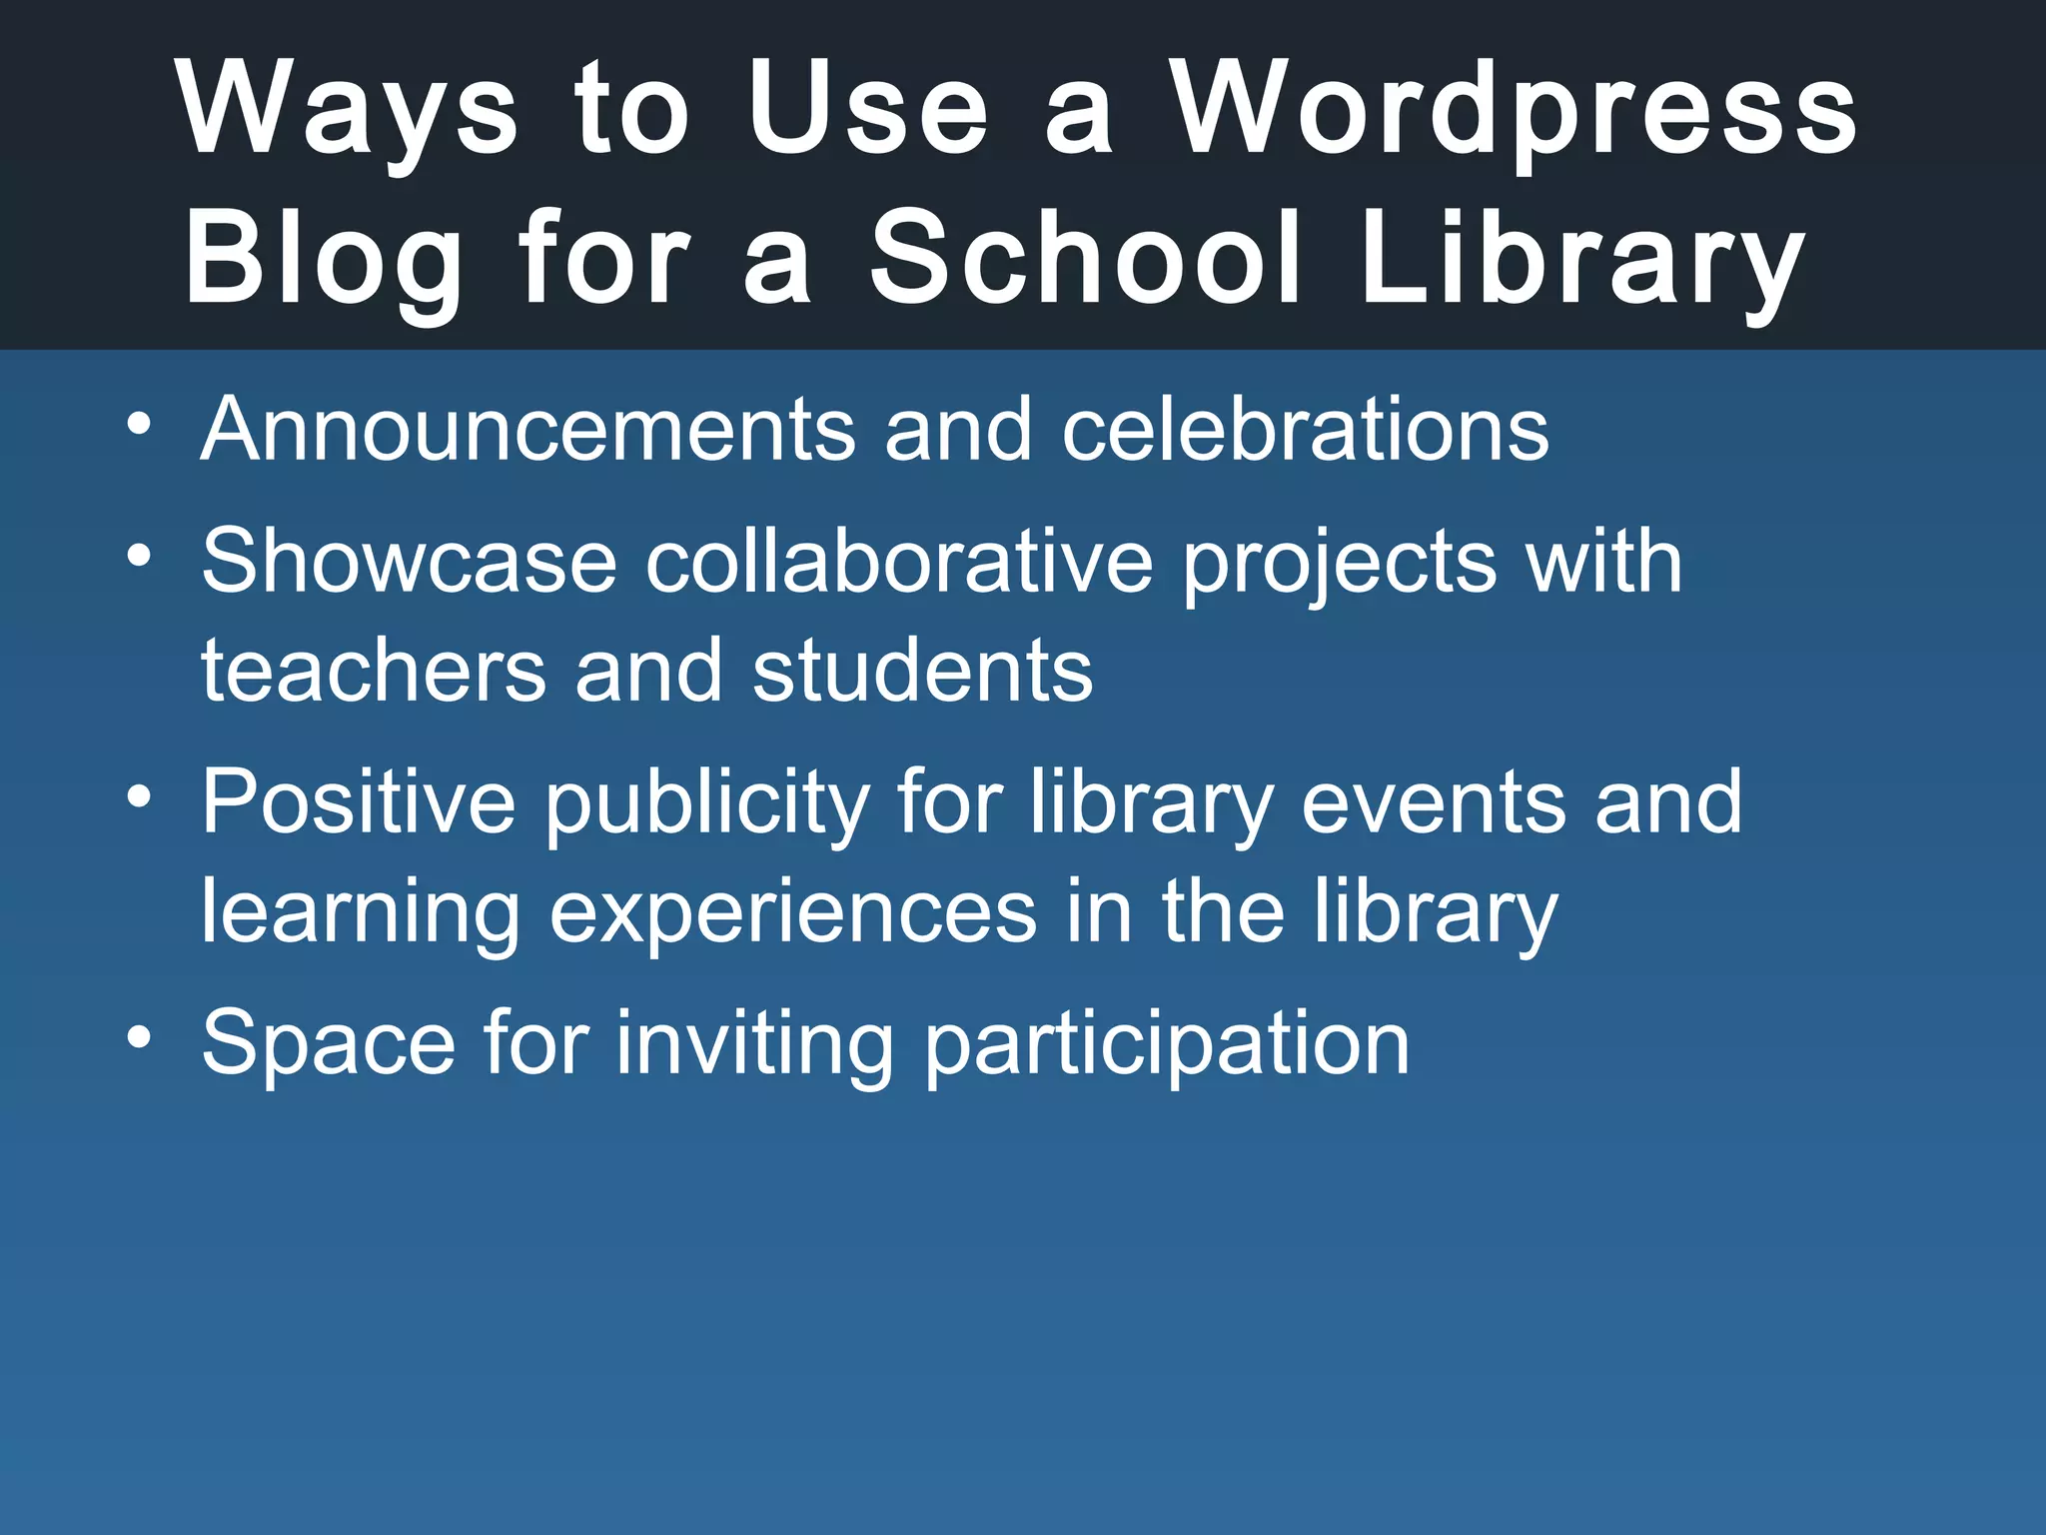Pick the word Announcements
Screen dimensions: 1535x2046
point(528,430)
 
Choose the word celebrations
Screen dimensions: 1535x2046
point(1305,430)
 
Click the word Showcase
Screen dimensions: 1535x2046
point(410,562)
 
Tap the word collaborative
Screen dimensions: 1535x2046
point(899,562)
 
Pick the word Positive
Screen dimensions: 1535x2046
point(359,801)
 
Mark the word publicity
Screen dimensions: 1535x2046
point(707,803)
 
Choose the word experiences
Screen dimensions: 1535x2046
point(793,911)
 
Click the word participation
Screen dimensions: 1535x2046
point(1166,1045)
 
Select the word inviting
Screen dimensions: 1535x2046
point(754,1045)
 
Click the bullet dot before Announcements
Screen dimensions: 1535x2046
point(140,424)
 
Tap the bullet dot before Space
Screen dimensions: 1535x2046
point(140,1036)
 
